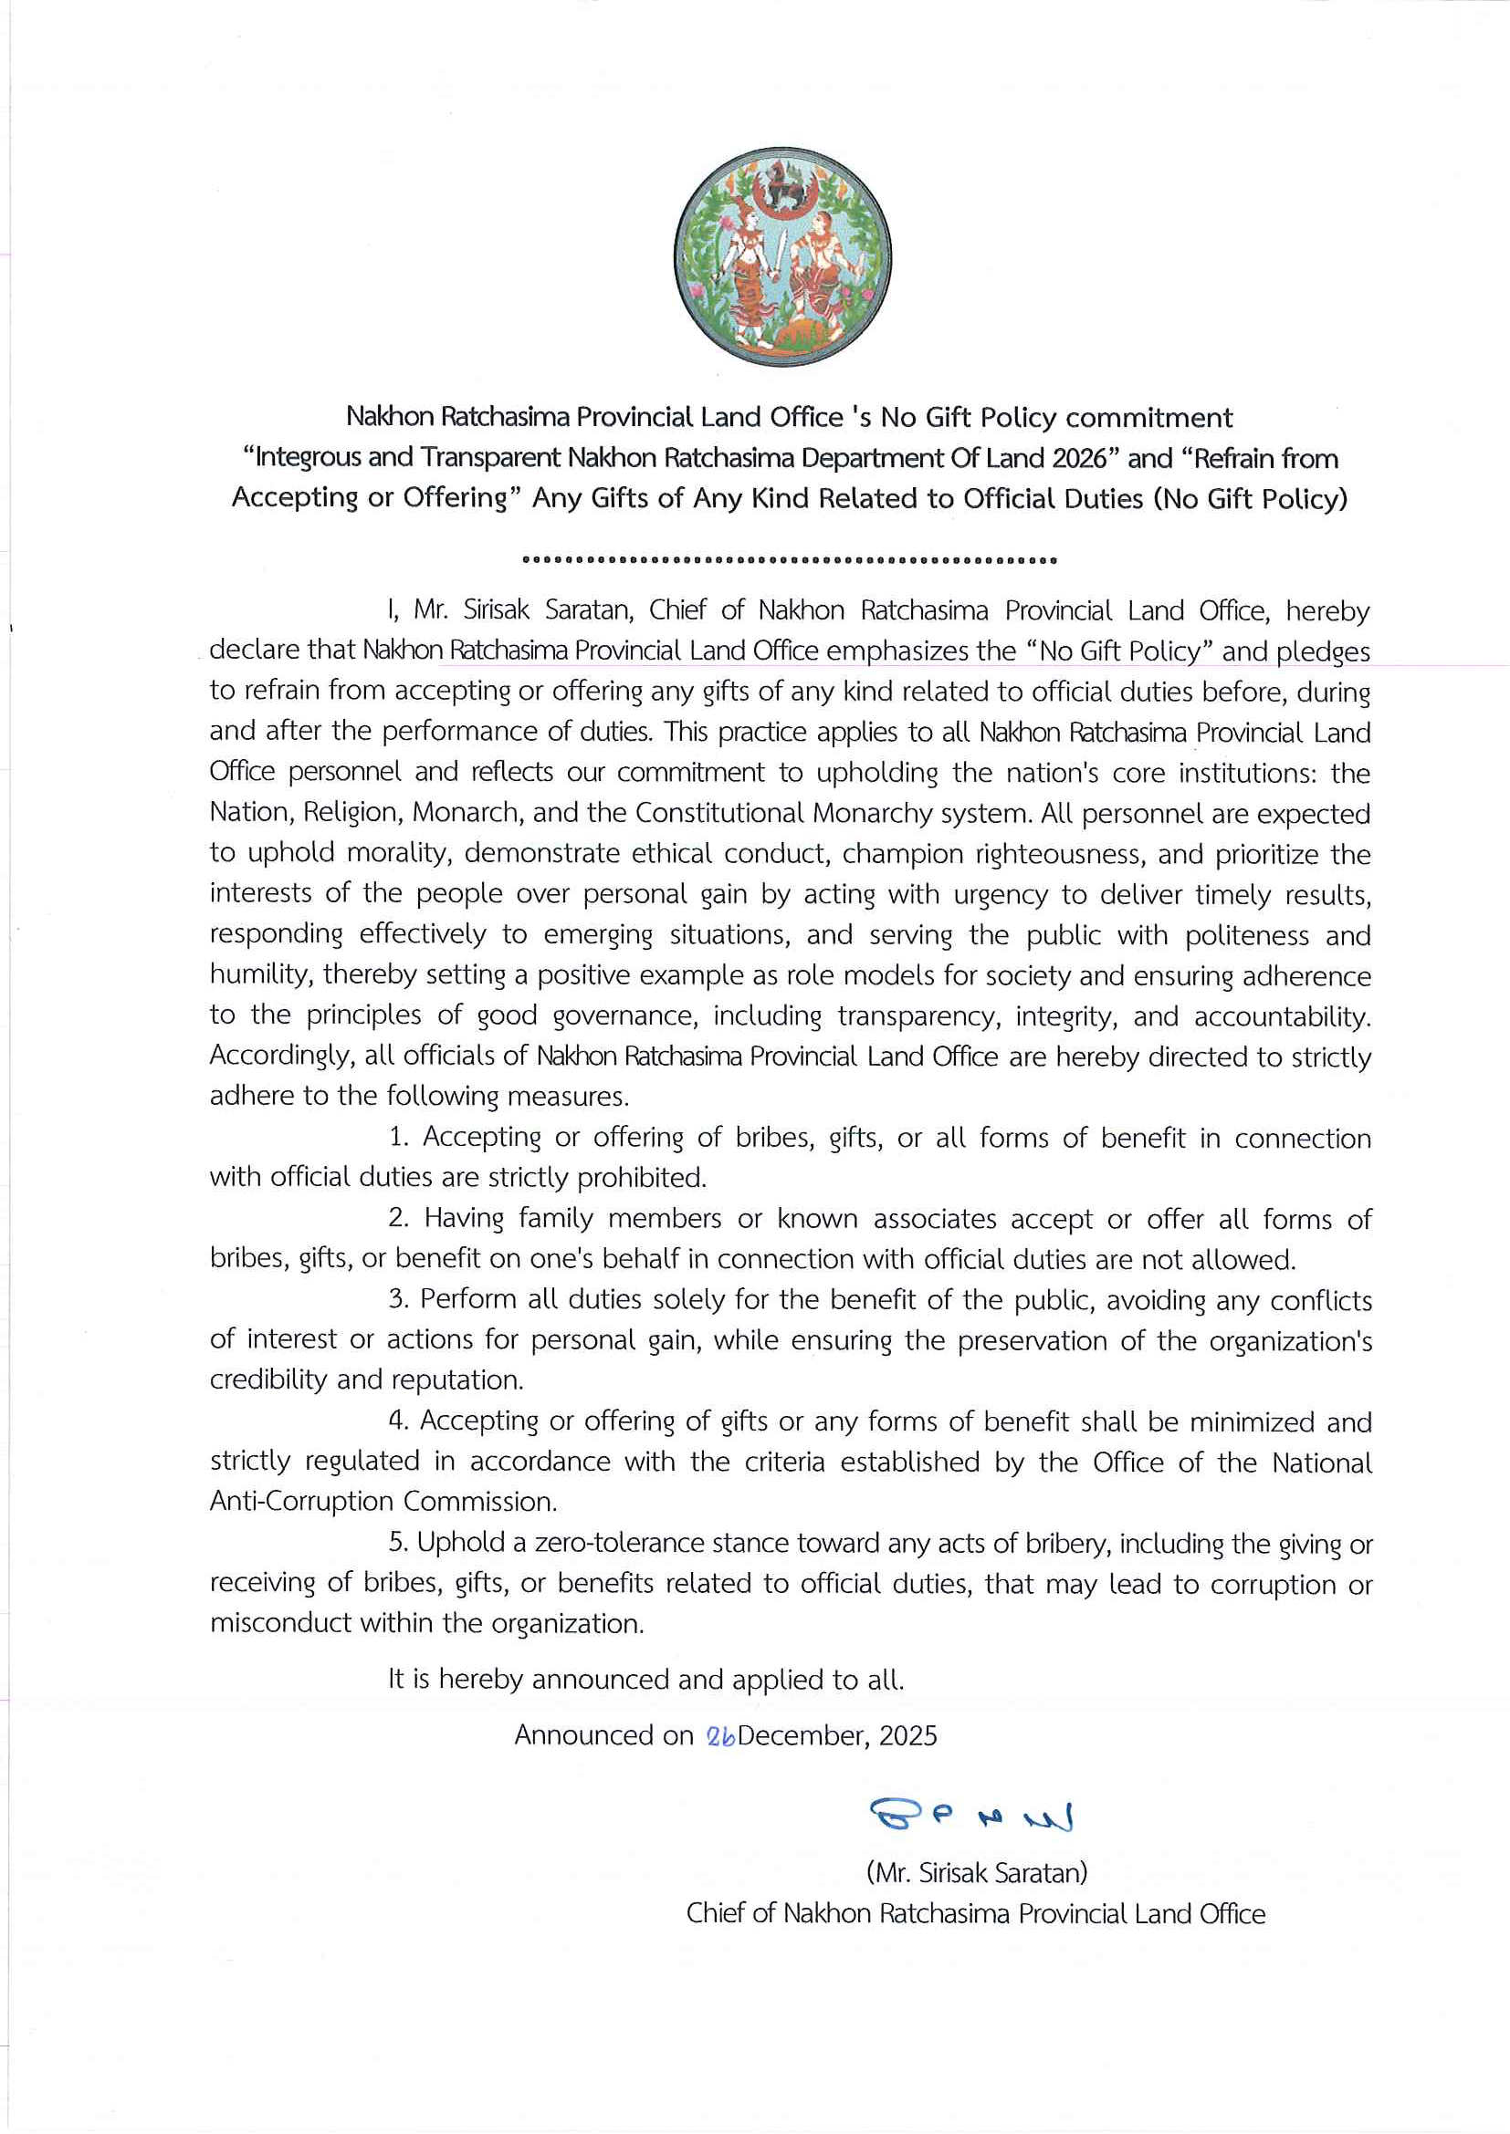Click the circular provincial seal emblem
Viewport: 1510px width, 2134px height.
pyautogui.click(x=782, y=256)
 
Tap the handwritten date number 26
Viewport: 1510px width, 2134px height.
pyautogui.click(x=720, y=1736)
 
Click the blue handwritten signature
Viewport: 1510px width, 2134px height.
pyautogui.click(x=970, y=1814)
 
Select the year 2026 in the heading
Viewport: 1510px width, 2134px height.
pyautogui.click(x=1080, y=458)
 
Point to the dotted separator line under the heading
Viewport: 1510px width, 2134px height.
pyautogui.click(x=790, y=560)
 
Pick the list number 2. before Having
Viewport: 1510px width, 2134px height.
pyautogui.click(x=399, y=1218)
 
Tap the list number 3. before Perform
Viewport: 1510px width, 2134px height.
pyautogui.click(x=399, y=1298)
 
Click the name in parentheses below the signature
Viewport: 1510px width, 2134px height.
pyautogui.click(x=976, y=1872)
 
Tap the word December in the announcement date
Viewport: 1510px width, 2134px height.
pyautogui.click(x=802, y=1735)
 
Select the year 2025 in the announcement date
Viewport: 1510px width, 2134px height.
pyautogui.click(x=907, y=1735)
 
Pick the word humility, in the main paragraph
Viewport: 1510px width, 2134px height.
pyautogui.click(x=261, y=975)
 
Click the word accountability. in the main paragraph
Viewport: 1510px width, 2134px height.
pyautogui.click(x=1282, y=1015)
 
